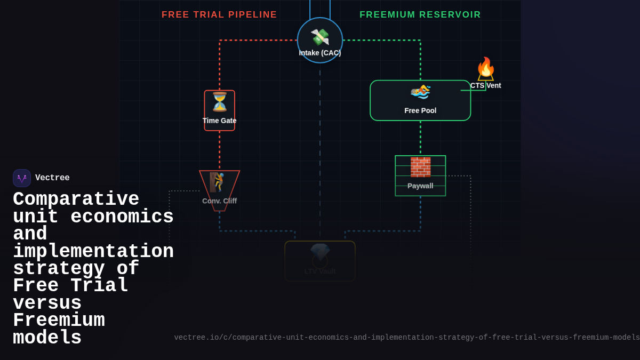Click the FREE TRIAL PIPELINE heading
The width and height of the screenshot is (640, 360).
click(x=219, y=15)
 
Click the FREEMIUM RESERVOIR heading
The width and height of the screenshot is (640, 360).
click(x=420, y=15)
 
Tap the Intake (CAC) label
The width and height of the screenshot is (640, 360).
click(x=320, y=53)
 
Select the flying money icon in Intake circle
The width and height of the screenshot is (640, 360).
click(x=320, y=37)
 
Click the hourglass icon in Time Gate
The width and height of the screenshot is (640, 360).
click(x=220, y=102)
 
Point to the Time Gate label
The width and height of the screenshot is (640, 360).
click(x=219, y=121)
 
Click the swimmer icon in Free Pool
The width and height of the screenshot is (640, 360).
click(x=420, y=92)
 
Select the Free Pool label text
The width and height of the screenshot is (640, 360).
click(x=420, y=110)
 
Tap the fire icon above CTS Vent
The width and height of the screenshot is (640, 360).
click(x=485, y=68)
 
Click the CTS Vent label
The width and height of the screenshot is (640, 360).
click(x=485, y=85)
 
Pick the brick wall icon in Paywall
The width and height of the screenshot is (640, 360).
click(x=420, y=167)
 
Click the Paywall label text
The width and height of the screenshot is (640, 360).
click(x=420, y=186)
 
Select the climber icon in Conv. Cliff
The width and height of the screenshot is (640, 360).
click(x=217, y=182)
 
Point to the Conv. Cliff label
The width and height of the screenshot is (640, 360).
click(x=219, y=201)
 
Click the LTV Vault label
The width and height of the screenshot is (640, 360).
click(x=320, y=271)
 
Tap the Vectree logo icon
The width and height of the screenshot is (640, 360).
click(x=22, y=178)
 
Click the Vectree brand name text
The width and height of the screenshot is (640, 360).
click(x=52, y=178)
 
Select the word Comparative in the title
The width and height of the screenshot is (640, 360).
click(x=76, y=199)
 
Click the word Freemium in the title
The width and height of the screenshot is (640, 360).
click(x=59, y=321)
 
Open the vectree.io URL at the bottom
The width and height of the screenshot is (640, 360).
click(x=406, y=338)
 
